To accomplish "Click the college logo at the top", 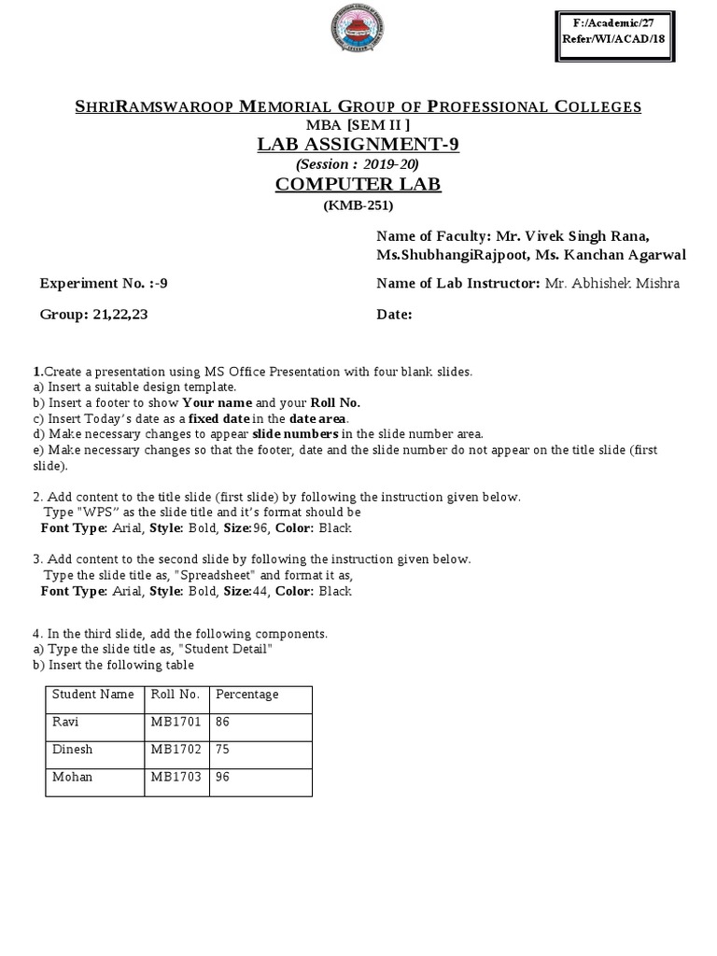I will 358,35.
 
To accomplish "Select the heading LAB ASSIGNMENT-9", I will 358,144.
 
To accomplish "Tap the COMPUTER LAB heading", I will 358,184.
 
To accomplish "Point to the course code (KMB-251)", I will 358,205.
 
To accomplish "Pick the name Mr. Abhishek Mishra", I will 612,284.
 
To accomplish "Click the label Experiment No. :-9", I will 104,284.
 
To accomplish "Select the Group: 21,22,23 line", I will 93,315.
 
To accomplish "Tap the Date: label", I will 394,315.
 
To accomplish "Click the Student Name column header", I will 93,695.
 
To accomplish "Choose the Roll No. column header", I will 175,695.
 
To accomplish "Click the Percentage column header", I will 247,695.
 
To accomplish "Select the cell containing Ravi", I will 64,722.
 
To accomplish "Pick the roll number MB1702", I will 176,750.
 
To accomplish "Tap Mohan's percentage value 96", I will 223,777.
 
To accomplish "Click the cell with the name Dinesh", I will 72,750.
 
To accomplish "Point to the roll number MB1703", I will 176,777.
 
